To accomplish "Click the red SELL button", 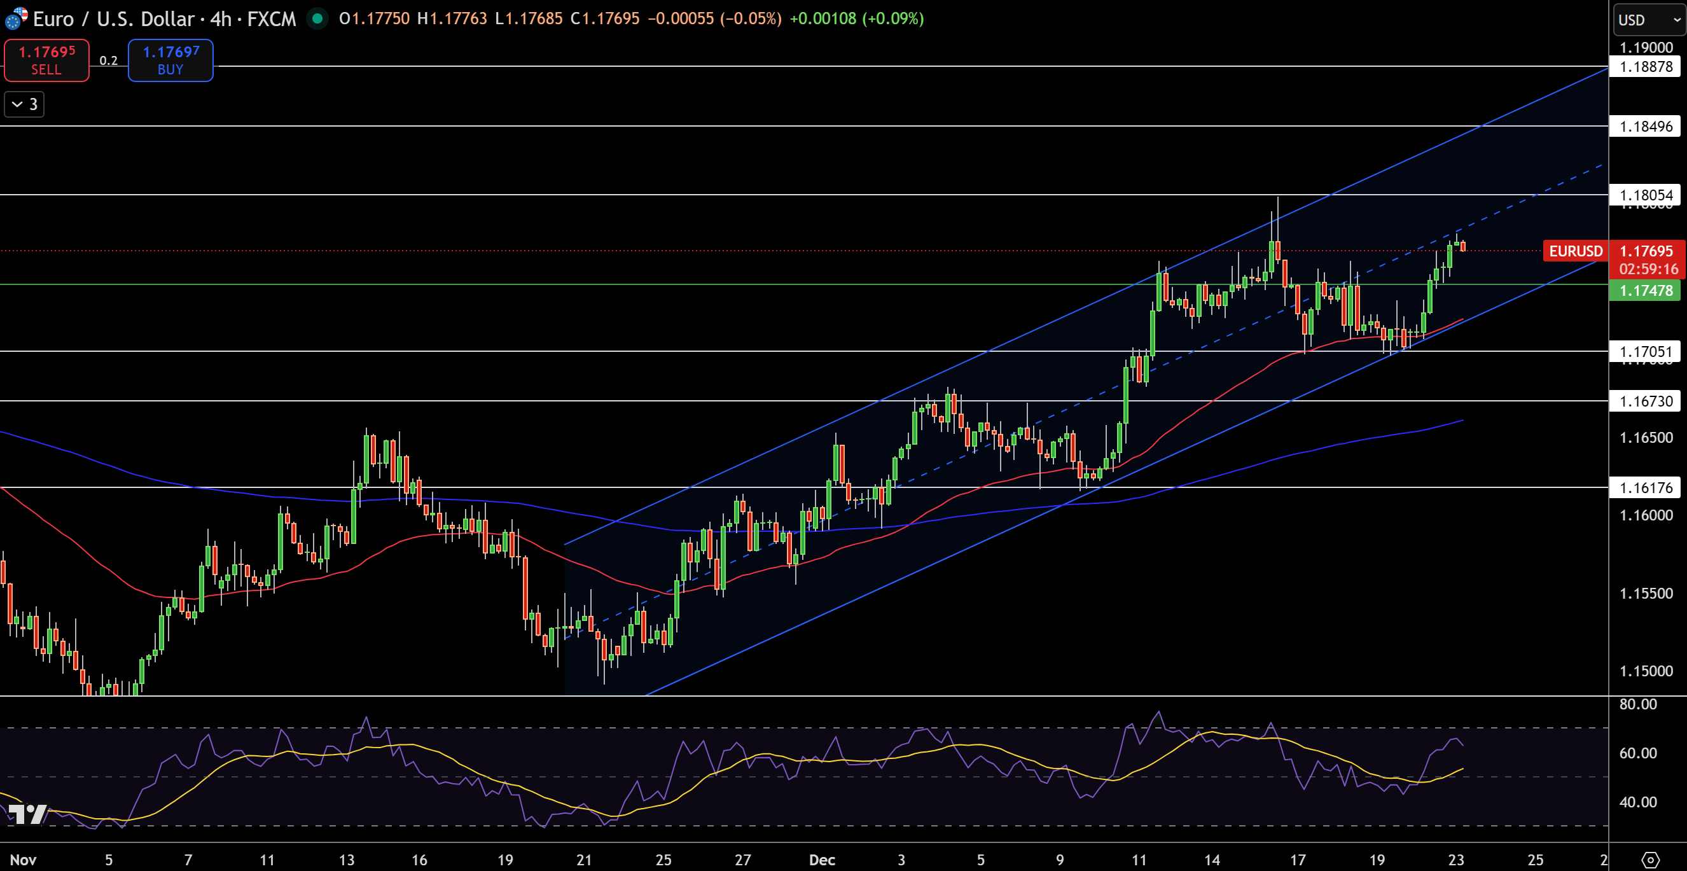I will coord(46,60).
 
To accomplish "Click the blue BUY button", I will coord(170,60).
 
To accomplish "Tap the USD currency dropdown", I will coord(1648,20).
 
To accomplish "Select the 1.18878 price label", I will coord(1646,67).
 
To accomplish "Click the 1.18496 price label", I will coord(1646,127).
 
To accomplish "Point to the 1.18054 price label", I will coord(1646,195).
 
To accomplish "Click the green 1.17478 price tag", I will coord(1646,290).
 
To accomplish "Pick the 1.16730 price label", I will coord(1646,401).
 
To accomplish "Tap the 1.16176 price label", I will coord(1646,487).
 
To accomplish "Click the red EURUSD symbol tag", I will coord(1575,251).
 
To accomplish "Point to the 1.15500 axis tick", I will coord(1646,594).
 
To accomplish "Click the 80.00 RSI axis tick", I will coord(1638,704).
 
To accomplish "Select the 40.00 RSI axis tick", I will coord(1638,802).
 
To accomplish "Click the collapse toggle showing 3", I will coord(24,104).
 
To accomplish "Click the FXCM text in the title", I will coord(271,19).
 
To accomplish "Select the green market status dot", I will coord(317,18).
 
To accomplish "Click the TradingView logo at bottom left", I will coord(27,814).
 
